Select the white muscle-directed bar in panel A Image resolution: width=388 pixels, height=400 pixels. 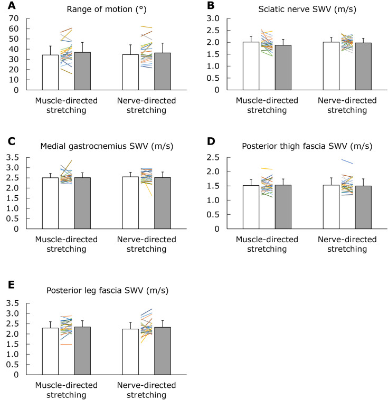(x=50, y=72)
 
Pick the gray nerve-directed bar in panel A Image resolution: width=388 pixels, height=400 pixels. (x=162, y=71)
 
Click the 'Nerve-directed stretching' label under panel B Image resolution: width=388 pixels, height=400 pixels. (x=346, y=105)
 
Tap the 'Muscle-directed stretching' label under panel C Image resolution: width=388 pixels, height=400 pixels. (x=67, y=244)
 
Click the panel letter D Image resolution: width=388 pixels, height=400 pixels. (x=211, y=141)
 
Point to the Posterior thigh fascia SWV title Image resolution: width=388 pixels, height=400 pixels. (x=299, y=146)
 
